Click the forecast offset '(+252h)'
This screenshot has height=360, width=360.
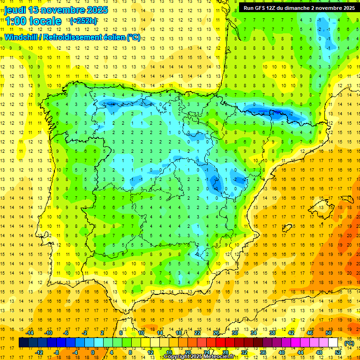83,21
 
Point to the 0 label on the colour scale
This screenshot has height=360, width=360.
92,352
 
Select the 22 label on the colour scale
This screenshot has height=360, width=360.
197,333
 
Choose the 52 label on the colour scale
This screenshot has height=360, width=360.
338,352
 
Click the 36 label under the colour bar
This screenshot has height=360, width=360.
263,352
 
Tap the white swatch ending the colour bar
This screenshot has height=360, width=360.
333,343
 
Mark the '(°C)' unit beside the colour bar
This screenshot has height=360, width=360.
349,343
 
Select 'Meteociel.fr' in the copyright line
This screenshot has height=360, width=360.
219,357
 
